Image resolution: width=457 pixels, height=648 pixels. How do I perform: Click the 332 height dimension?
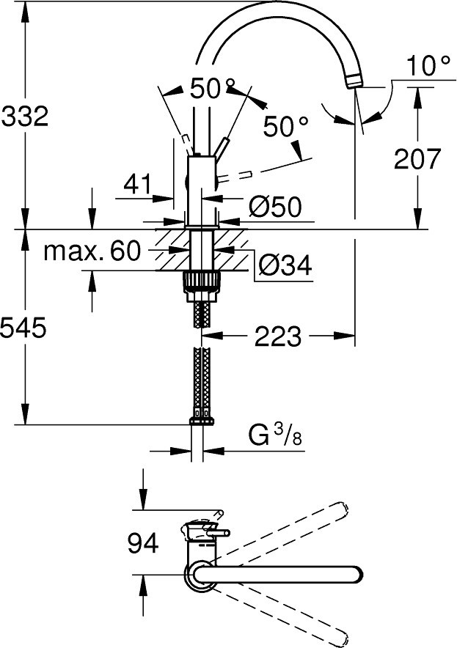[x=25, y=116]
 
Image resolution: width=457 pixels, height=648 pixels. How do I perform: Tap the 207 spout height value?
[x=417, y=159]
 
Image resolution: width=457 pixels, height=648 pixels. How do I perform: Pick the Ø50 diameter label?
[x=275, y=207]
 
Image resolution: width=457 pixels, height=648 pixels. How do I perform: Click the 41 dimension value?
[x=138, y=184]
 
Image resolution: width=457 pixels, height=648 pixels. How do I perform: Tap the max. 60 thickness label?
[x=92, y=251]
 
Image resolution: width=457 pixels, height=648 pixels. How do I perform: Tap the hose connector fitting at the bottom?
[x=200, y=421]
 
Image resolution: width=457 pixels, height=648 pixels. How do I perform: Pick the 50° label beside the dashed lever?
[x=284, y=127]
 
